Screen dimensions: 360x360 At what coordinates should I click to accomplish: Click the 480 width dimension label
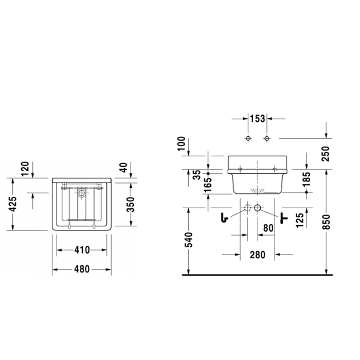point(82,268)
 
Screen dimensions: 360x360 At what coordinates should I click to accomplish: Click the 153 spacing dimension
point(257,119)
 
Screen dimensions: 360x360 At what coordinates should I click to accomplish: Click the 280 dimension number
point(257,255)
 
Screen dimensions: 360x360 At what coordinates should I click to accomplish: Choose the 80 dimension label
point(267,227)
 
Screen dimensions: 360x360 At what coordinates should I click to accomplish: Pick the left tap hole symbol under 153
point(247,139)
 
